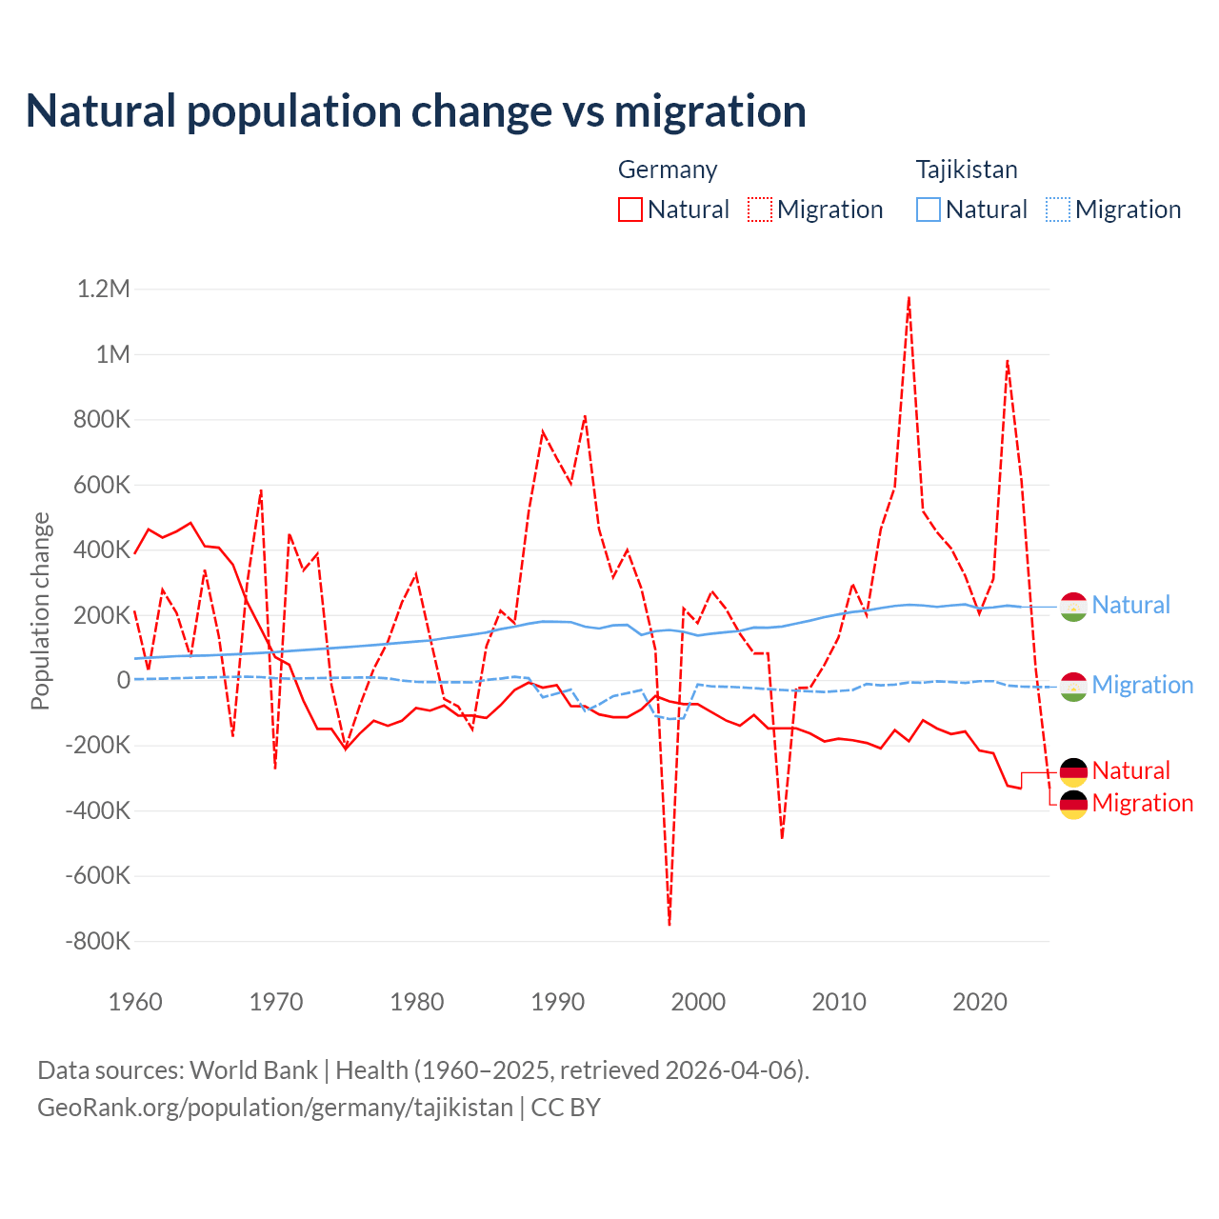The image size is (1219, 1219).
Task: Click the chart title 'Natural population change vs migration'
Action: [416, 111]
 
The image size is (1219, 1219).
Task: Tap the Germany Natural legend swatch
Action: [629, 210]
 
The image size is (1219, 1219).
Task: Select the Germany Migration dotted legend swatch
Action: [760, 210]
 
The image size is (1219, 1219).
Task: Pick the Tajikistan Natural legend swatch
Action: [928, 210]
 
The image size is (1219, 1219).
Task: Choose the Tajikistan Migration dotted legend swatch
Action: [1058, 210]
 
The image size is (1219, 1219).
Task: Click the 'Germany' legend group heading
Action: [667, 170]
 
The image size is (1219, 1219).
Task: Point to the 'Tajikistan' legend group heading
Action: [967, 170]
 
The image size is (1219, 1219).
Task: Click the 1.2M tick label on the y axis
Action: [103, 289]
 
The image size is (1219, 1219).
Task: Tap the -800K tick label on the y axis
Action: [97, 942]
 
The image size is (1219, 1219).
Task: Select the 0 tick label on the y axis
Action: [123, 680]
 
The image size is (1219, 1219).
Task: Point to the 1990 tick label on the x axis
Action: [557, 1002]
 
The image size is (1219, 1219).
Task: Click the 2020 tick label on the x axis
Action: [980, 1002]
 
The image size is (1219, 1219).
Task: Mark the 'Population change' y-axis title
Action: [40, 611]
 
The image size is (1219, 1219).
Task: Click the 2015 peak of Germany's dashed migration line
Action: [909, 298]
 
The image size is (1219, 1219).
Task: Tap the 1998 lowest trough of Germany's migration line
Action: [669, 923]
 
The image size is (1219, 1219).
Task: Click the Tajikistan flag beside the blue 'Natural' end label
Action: [1073, 607]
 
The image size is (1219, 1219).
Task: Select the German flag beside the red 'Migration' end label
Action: [1073, 805]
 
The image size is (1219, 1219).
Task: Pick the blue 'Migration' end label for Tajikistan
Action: [1142, 685]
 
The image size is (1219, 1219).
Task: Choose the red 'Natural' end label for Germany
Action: [1130, 770]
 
